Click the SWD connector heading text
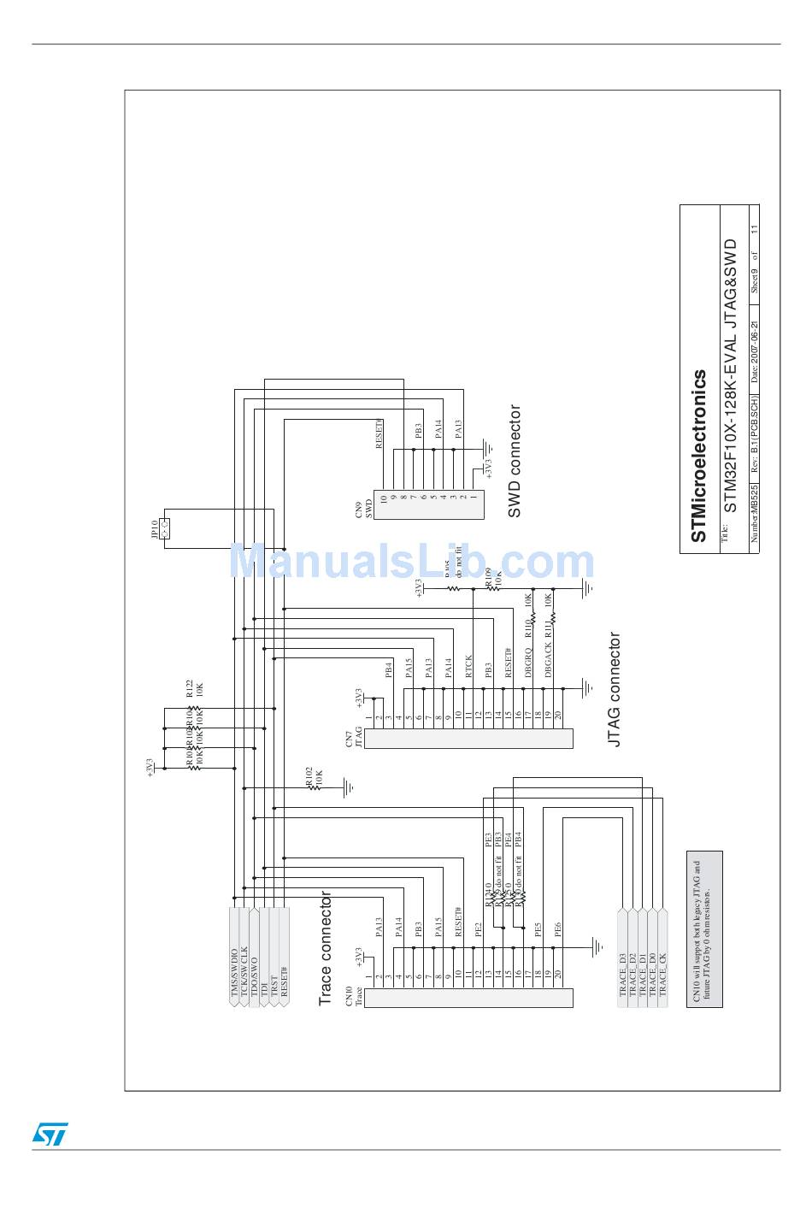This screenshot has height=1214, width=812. (x=514, y=462)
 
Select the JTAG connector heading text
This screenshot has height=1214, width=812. (x=614, y=690)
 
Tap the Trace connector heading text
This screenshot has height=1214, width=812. (x=326, y=948)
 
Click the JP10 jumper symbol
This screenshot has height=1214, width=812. (x=165, y=529)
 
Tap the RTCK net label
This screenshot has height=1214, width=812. (x=468, y=667)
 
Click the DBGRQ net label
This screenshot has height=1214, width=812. (x=528, y=663)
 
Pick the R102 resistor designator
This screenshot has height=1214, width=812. (x=309, y=777)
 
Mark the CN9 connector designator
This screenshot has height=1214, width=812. (x=359, y=511)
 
